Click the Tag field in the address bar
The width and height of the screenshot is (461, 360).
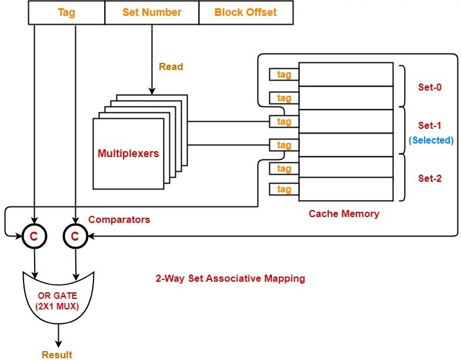[x=66, y=12]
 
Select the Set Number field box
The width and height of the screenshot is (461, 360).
[x=152, y=12]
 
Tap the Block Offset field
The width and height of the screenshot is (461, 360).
[x=246, y=12]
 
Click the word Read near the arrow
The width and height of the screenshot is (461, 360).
[x=171, y=67]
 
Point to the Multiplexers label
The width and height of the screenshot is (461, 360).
[x=128, y=154]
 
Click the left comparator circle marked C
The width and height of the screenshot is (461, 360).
[x=34, y=236]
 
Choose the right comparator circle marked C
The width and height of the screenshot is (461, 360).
[x=75, y=236]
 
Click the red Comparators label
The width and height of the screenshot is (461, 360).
[x=119, y=220]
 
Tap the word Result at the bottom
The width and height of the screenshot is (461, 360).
[x=57, y=354]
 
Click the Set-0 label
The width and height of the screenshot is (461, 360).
[x=430, y=87]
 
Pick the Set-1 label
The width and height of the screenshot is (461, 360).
[x=430, y=125]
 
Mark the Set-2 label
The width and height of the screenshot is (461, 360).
[x=430, y=178]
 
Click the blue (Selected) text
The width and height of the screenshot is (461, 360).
[x=431, y=141]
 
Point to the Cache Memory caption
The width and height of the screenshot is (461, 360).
[x=344, y=214]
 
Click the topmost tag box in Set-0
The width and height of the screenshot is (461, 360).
[x=284, y=75]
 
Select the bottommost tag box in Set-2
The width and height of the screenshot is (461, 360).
[x=284, y=189]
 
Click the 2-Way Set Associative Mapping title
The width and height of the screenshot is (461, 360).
[x=226, y=278]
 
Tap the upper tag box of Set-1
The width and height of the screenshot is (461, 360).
[x=284, y=122]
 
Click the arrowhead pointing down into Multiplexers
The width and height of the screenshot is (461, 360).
[x=152, y=91]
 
